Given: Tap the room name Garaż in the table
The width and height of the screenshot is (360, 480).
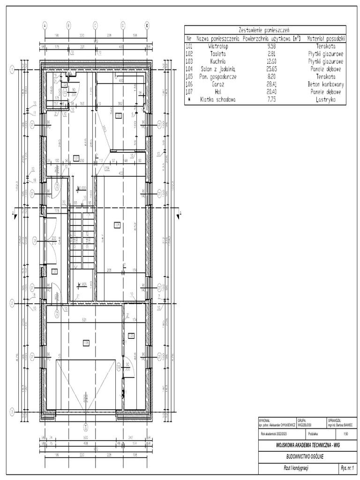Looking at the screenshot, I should [x=218, y=84].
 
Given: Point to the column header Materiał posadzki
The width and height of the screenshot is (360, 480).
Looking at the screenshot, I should [x=326, y=38].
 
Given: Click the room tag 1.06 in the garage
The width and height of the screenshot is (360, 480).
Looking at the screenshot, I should [x=86, y=343].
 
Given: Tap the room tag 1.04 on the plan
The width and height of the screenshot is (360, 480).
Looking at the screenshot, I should [x=117, y=225].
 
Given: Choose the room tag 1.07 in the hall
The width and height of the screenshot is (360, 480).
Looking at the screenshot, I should [x=76, y=157].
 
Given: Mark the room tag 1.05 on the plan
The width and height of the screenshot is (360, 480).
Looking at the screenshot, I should [x=131, y=335].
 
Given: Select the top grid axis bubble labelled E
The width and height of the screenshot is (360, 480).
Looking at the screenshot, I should [x=146, y=25].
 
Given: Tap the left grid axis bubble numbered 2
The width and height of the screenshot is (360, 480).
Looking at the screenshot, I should [x=11, y=304].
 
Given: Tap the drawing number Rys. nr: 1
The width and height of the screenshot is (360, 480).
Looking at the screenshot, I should [x=347, y=468].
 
